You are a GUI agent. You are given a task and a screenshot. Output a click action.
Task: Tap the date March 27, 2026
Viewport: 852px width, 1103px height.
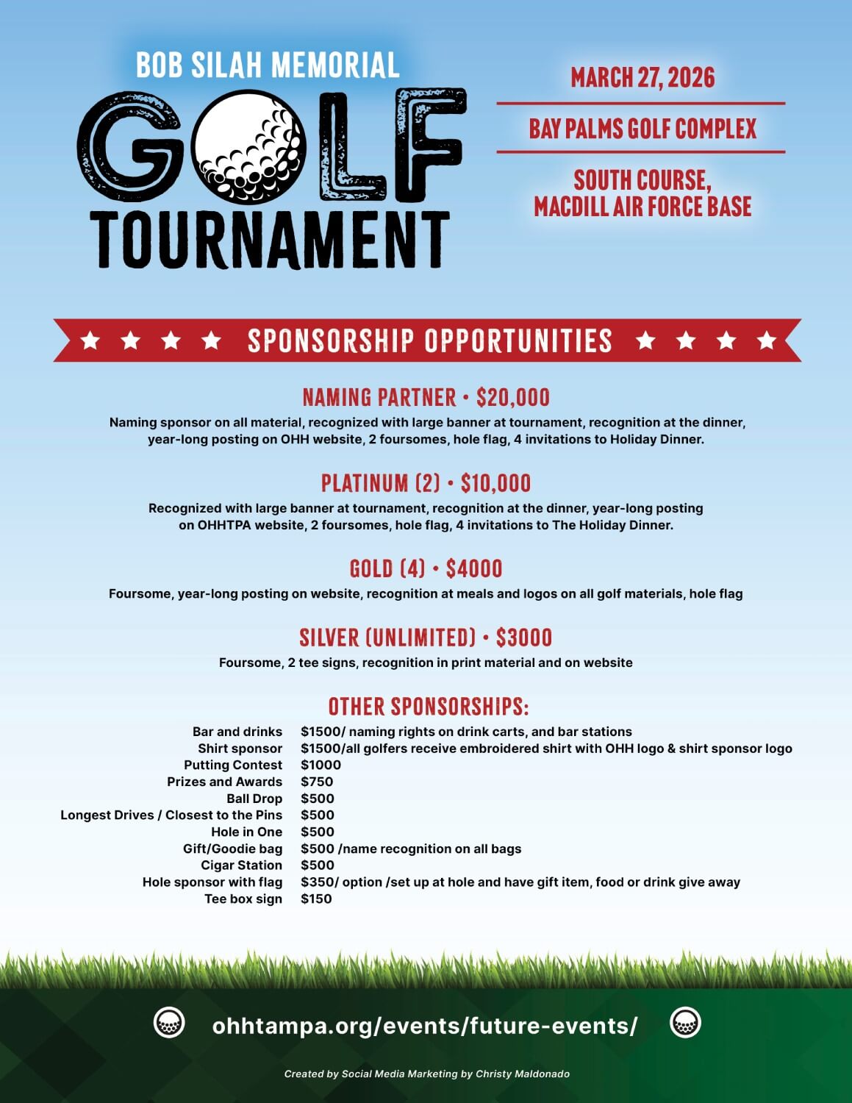pyautogui.click(x=642, y=78)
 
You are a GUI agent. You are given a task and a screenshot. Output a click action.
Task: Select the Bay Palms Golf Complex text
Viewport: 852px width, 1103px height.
pyautogui.click(x=642, y=129)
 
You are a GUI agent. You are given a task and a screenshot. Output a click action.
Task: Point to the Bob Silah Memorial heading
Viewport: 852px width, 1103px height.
pyautogui.click(x=268, y=65)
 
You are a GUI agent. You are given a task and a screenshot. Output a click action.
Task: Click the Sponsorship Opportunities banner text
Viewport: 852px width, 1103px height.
pyautogui.click(x=429, y=340)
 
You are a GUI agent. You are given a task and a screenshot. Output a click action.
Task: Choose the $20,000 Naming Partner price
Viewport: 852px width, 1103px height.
pyautogui.click(x=513, y=398)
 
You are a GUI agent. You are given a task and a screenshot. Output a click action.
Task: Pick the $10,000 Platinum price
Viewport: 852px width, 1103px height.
pyautogui.click(x=495, y=483)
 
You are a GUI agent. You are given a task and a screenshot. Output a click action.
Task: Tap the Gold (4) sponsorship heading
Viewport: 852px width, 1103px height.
pyautogui.click(x=387, y=568)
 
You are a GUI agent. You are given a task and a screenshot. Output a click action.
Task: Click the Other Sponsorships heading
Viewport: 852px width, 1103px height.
pyautogui.click(x=429, y=707)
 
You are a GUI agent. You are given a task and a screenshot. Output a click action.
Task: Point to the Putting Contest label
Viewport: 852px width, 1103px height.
pyautogui.click(x=233, y=765)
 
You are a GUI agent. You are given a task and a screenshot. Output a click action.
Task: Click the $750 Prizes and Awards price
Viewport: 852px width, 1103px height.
pyautogui.click(x=317, y=782)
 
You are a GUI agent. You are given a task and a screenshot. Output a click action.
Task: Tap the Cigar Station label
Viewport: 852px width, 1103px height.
pyautogui.click(x=241, y=865)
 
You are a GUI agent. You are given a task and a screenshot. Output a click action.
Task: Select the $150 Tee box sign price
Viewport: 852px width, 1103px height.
pyautogui.click(x=316, y=899)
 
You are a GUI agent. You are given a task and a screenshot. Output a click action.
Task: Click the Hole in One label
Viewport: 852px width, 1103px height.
pyautogui.click(x=246, y=832)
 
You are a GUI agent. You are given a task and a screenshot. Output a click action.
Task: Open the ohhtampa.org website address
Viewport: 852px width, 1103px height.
pyautogui.click(x=425, y=1025)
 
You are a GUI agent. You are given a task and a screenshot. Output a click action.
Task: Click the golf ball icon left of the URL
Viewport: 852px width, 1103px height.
pyautogui.click(x=169, y=1023)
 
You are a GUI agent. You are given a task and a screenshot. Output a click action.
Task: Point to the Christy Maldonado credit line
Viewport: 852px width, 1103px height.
pyautogui.click(x=427, y=1074)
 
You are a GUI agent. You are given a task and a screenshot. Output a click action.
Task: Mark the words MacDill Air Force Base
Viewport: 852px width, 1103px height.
pyautogui.click(x=642, y=207)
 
